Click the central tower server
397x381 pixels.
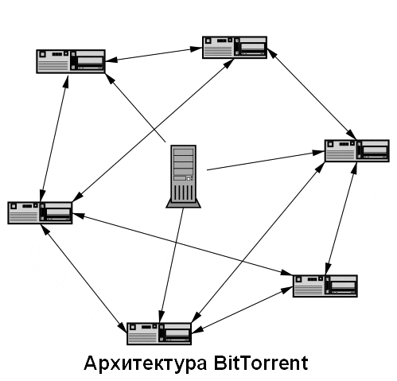pos(183,177)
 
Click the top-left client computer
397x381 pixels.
pos(71,61)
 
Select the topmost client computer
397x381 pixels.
pos(235,48)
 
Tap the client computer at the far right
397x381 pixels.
pos(357,150)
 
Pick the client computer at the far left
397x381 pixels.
pos(40,213)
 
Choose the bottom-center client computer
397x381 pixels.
pos(159,333)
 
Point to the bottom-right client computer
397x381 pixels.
pos(325,286)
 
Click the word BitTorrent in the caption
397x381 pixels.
pos(260,363)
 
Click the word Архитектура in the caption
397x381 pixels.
pos(145,364)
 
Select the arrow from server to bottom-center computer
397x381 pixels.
pos(171,265)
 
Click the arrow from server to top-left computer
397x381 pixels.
pos(135,107)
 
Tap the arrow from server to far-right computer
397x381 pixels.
pos(266,161)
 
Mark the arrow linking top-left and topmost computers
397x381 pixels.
pos(154,55)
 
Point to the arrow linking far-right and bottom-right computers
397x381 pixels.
pos(341,219)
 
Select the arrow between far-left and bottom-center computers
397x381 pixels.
pos(84,278)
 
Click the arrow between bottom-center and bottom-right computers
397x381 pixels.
pos(242,309)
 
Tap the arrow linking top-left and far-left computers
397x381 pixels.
pos(54,139)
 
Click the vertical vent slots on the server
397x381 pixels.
pos(184,192)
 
